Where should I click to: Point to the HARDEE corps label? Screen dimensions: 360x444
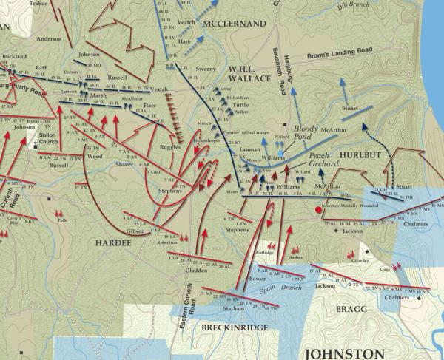[x=112, y=242]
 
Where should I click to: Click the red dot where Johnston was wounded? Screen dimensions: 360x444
[x=319, y=210]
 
